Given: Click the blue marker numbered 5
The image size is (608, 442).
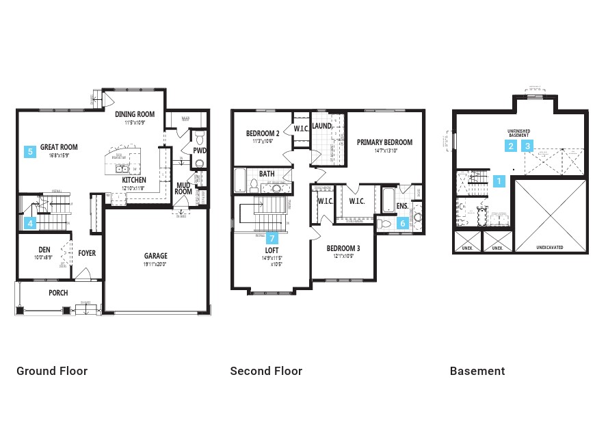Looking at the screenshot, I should [x=30, y=152].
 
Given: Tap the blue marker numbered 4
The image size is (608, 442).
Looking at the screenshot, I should [x=30, y=222].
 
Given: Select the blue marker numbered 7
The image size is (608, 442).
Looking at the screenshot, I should [x=273, y=238].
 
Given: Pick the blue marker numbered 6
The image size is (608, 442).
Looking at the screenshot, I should [x=402, y=222].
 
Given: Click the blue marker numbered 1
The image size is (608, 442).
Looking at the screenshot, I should [x=499, y=181].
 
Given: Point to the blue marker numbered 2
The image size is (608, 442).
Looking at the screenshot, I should [x=511, y=145].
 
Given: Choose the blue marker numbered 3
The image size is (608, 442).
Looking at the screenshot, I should [x=528, y=145].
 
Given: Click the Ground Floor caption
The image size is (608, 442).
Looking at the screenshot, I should [x=52, y=371].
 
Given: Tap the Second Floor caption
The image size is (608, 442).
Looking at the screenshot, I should [x=266, y=371].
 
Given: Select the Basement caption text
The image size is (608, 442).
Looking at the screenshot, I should [x=477, y=371].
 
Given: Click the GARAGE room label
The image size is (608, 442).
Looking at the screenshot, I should [x=157, y=257].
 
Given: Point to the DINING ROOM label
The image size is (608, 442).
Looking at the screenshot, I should [x=135, y=114].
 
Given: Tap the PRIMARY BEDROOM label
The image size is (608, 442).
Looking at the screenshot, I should [x=384, y=142].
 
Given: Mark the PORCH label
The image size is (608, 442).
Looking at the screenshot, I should [x=58, y=293].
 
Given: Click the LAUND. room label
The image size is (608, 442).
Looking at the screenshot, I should [x=322, y=126].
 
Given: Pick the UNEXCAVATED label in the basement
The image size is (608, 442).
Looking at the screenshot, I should [x=550, y=248].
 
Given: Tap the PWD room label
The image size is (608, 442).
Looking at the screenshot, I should [x=199, y=151].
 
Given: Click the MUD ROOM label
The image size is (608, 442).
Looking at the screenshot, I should [x=183, y=188].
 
